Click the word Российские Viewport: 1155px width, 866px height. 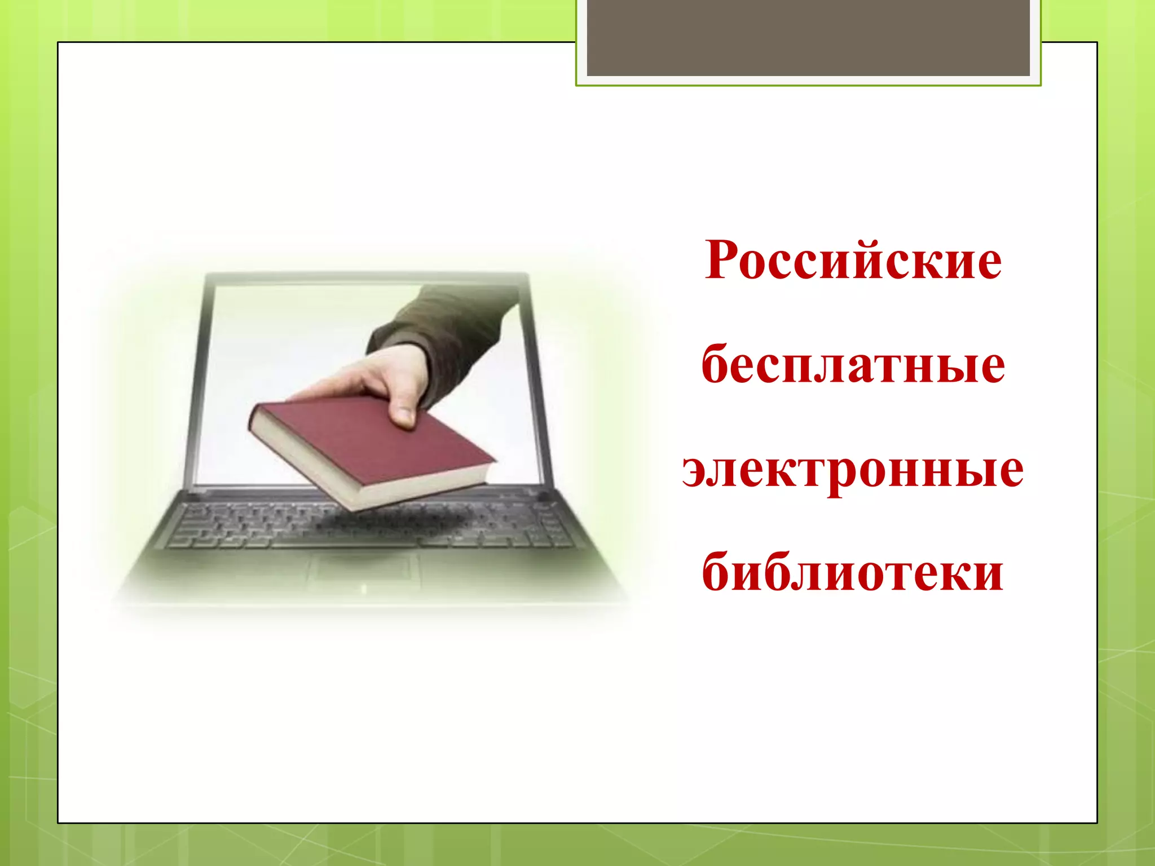(x=853, y=260)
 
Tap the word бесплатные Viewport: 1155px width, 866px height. (x=853, y=365)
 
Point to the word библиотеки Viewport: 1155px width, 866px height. (x=853, y=573)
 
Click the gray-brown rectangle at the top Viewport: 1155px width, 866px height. (x=808, y=38)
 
